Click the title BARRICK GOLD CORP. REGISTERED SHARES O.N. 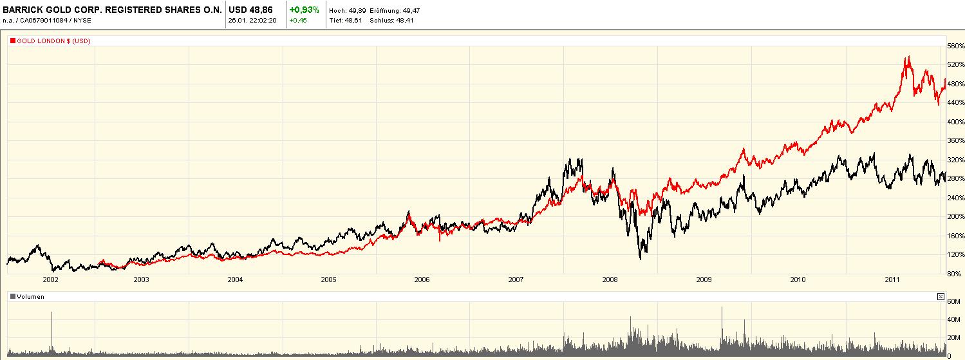112,10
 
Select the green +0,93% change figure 304,10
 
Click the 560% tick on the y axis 955,46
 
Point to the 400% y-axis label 955,122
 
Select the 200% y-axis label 955,216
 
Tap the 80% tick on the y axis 955,273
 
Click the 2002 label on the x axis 50,279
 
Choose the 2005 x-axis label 328,279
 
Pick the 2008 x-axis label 610,279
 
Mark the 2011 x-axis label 892,279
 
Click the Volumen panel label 30,297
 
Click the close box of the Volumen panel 941,297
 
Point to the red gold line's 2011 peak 908,57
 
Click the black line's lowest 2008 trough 641,259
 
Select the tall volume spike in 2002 52,313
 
